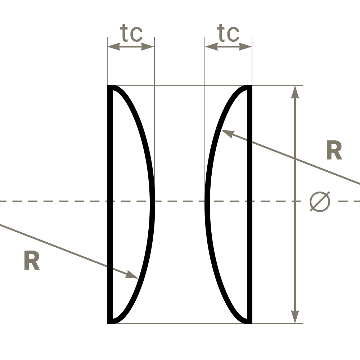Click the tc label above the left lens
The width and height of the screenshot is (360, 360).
pos(131,33)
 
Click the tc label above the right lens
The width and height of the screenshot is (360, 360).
pos(228,33)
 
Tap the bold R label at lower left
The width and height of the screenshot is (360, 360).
pos(32,260)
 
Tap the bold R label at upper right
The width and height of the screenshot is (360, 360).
pos(334,150)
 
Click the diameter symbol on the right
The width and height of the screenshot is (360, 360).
pos(320,202)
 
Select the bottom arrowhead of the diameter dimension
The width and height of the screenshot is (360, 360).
pos(295,317)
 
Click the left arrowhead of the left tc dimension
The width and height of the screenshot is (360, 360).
pos(114,46)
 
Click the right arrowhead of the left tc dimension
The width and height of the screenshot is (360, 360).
pos(147,46)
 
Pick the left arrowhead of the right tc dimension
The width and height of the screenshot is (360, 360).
pos(211,46)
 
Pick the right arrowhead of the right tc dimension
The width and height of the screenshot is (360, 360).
pos(245,46)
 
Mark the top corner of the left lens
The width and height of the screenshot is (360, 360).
pos(108,85)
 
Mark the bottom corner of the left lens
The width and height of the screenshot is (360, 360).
pos(108,324)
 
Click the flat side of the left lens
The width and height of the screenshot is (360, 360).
pos(110,204)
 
